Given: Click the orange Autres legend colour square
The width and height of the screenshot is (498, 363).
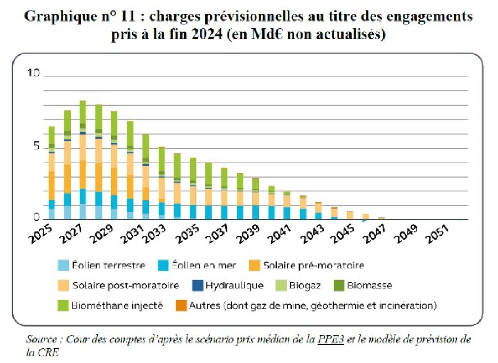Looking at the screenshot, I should (x=181, y=306).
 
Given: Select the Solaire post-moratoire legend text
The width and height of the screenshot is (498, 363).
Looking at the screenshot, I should (x=125, y=285).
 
